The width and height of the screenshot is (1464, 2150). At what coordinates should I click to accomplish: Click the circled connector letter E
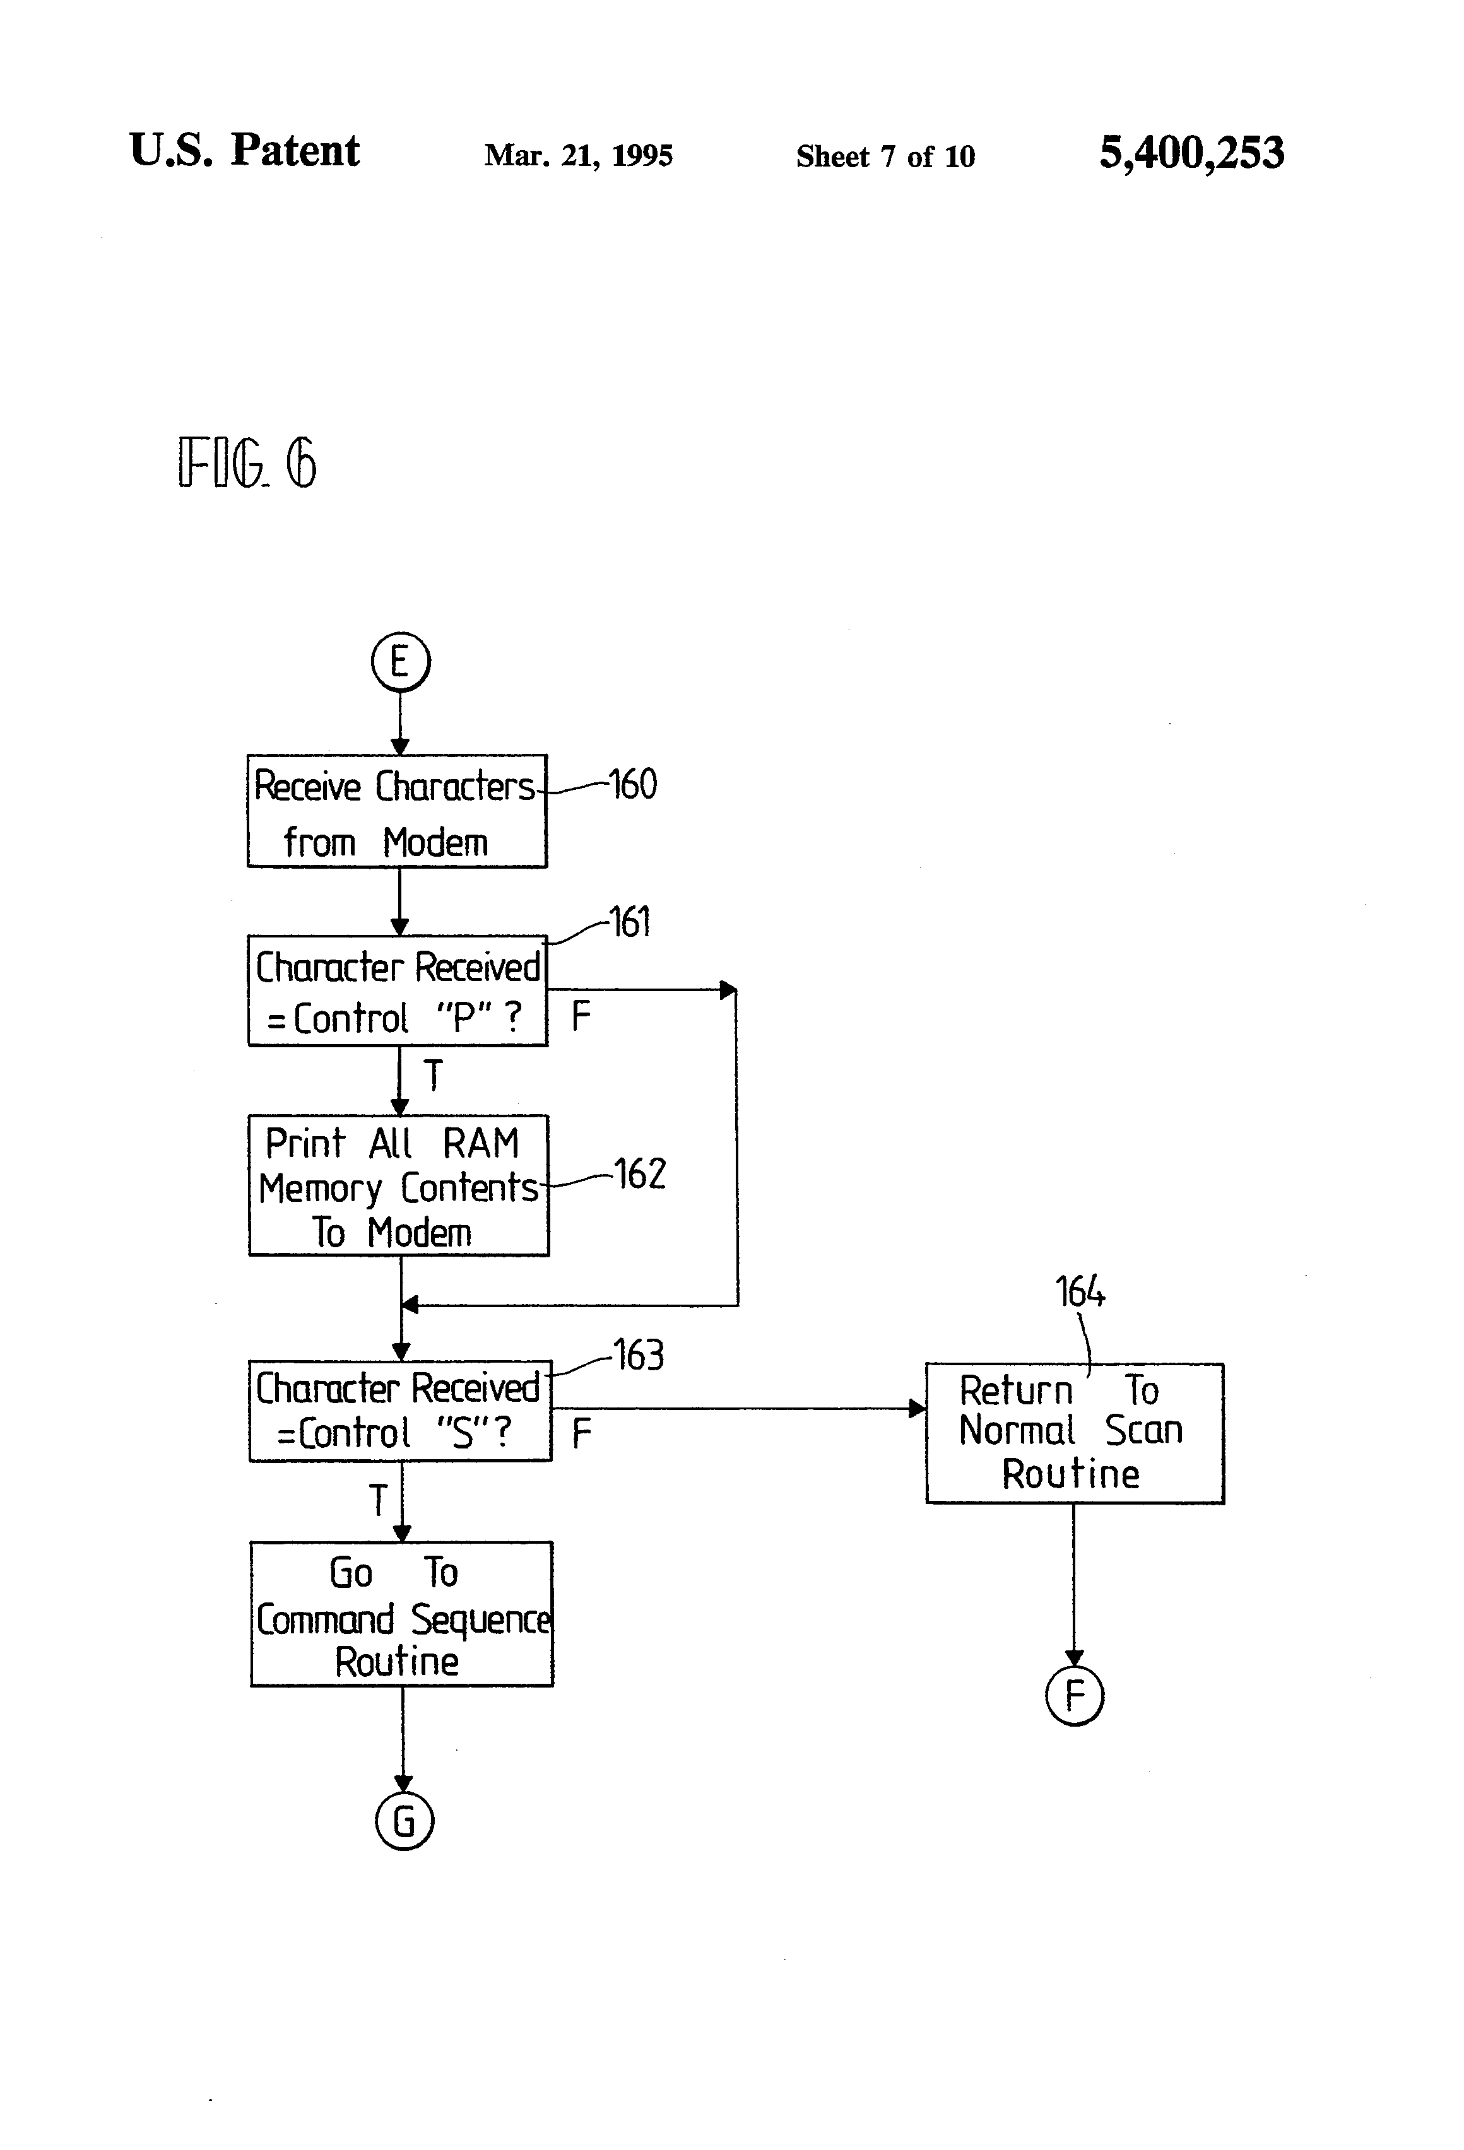click(400, 662)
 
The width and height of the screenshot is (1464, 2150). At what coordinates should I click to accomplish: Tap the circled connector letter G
click(403, 1821)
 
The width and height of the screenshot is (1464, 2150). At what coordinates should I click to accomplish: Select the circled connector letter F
click(1073, 1695)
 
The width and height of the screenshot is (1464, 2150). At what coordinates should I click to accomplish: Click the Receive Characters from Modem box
click(397, 811)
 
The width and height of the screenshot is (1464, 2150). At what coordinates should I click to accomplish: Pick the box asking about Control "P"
click(398, 991)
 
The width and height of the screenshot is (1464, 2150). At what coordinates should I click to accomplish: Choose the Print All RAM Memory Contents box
click(399, 1185)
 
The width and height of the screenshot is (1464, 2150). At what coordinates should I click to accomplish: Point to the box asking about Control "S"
click(400, 1410)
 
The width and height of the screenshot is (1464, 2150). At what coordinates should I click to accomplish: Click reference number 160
click(633, 785)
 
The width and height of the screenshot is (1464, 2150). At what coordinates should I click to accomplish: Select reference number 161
click(630, 922)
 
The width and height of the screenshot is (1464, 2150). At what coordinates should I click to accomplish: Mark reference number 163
click(639, 1355)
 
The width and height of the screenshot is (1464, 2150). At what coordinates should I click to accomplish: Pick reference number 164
click(1080, 1291)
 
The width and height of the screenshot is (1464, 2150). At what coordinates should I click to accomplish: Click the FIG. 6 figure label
click(247, 462)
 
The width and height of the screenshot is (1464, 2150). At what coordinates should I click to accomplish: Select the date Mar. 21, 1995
click(579, 155)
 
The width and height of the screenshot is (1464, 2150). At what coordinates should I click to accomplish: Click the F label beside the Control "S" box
click(581, 1433)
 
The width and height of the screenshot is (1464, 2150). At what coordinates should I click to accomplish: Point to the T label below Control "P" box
click(432, 1075)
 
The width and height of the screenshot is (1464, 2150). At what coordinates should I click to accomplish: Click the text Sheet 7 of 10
click(885, 156)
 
